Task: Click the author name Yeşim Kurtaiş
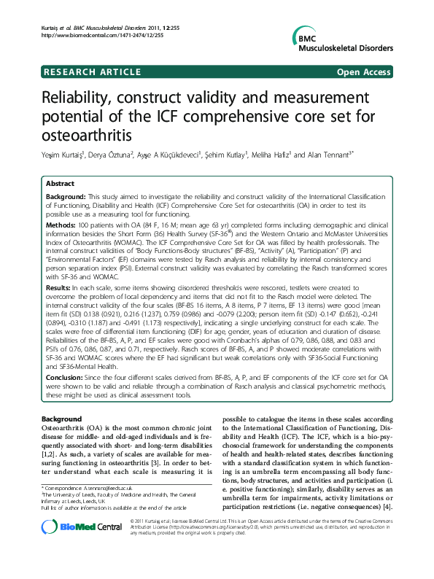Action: pos(63,155)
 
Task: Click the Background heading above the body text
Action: pos(62,419)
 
